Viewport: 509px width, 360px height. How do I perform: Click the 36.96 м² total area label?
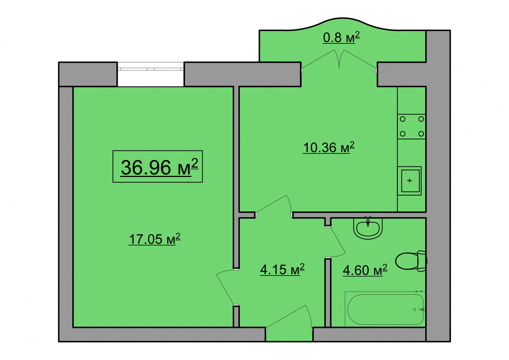(x=159, y=167)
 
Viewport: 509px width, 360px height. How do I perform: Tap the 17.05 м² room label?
(x=154, y=239)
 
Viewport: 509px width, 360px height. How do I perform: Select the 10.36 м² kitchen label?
(x=328, y=147)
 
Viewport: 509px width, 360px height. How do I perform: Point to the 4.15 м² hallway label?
(x=282, y=269)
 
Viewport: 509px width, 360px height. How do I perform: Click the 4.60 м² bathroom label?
(x=365, y=270)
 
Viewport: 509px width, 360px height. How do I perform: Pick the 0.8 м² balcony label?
(x=341, y=37)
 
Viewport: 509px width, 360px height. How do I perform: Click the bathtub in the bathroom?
(x=385, y=309)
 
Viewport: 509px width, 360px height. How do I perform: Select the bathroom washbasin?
(x=368, y=228)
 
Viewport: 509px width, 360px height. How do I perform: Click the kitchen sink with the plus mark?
(x=409, y=181)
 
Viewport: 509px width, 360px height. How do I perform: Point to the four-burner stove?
(x=412, y=126)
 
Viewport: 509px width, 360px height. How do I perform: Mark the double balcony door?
(x=339, y=59)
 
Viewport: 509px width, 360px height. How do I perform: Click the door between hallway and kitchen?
(x=274, y=206)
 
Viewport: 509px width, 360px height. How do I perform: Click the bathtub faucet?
(x=422, y=309)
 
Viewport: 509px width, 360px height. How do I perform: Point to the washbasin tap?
(x=368, y=222)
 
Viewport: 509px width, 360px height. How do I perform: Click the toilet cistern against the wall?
(x=422, y=261)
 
